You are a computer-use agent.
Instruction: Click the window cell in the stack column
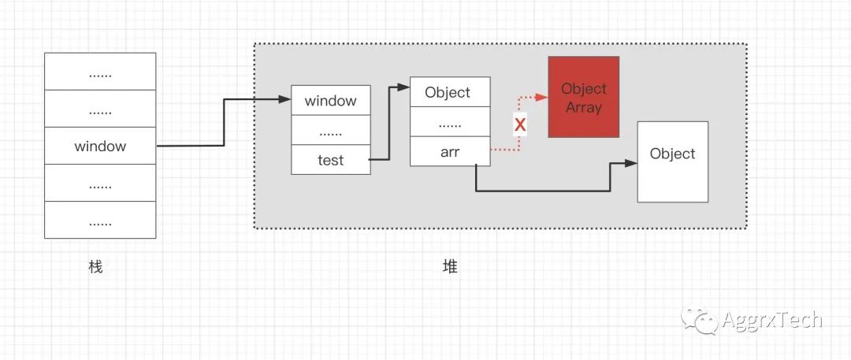tap(100, 146)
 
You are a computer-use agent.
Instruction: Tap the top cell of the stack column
tap(100, 72)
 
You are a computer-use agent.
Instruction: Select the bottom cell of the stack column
tap(100, 220)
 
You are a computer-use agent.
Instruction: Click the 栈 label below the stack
tap(95, 266)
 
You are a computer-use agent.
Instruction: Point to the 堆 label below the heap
tap(450, 266)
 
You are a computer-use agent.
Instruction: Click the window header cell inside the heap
tap(331, 100)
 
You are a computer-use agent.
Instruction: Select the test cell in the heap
tap(331, 160)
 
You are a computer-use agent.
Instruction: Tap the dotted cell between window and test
tap(331, 130)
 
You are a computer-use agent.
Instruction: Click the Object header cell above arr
tap(450, 92)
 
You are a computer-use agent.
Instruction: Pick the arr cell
tap(450, 152)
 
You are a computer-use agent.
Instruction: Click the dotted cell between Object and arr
tap(450, 122)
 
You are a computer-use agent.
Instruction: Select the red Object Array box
tap(584, 97)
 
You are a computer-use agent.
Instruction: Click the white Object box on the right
tap(673, 161)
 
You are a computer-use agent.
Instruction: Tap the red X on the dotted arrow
tap(520, 124)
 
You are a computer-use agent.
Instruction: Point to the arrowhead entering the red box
tap(542, 97)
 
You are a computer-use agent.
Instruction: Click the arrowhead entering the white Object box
tap(631, 163)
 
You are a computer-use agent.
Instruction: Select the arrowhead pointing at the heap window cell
tap(285, 99)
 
